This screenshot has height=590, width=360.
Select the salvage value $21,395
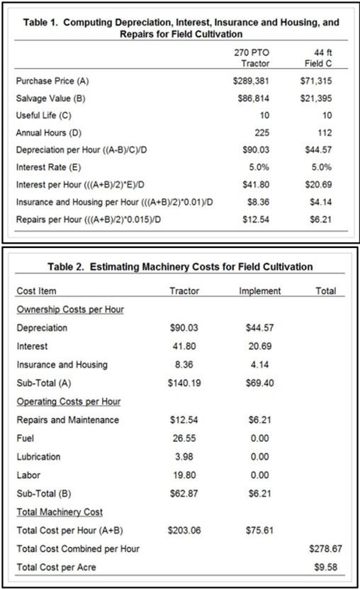click(x=317, y=98)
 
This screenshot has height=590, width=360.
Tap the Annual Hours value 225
click(x=260, y=132)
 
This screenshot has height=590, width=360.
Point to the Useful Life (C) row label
click(x=43, y=115)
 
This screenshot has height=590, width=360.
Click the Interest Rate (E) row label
click(x=45, y=166)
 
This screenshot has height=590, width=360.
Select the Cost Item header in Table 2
click(x=36, y=291)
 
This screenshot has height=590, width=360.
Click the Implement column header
click(x=260, y=291)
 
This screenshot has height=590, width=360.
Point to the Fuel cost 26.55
click(x=184, y=438)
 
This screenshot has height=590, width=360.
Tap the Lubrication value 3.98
click(x=186, y=456)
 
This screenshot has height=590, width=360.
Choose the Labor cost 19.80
click(x=184, y=475)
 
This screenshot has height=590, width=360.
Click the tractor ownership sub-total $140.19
click(x=183, y=382)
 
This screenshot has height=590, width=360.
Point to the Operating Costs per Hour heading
click(x=68, y=402)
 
